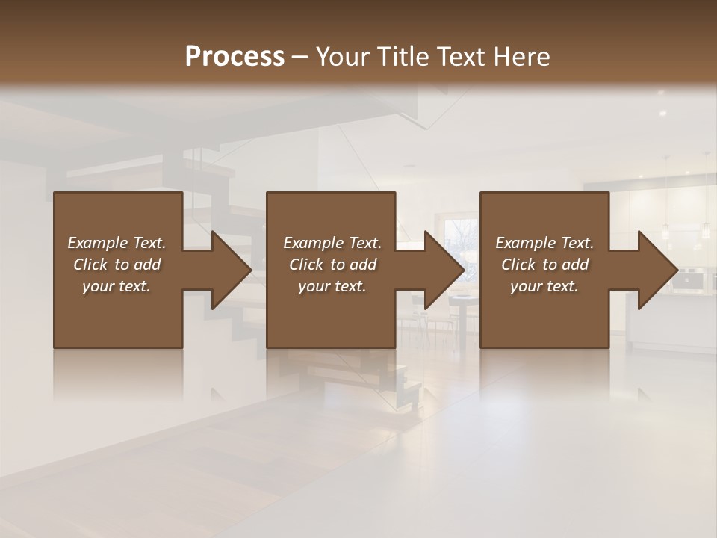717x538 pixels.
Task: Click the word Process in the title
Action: pos(235,57)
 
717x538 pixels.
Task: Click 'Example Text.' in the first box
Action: pos(117,243)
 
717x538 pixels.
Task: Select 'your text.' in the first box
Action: pos(117,286)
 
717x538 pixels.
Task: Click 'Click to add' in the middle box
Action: pos(332,265)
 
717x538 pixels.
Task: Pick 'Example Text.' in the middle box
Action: pos(332,243)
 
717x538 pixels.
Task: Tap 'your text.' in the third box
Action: pos(544,286)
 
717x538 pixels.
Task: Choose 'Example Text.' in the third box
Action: pos(544,243)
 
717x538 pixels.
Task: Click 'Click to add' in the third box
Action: pos(544,265)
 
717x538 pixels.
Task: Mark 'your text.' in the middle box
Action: pos(332,286)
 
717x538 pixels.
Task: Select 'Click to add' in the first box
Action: pos(117,265)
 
